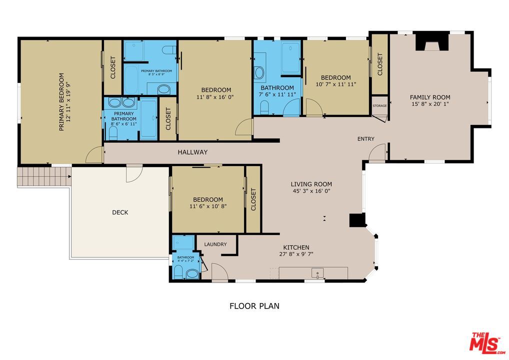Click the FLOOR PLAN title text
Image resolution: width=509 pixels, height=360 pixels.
(254, 306)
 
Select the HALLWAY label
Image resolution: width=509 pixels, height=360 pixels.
(192, 152)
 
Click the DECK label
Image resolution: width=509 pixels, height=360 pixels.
(120, 212)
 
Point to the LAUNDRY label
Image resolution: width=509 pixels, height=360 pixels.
(215, 244)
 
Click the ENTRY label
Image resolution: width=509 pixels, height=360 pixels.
(366, 139)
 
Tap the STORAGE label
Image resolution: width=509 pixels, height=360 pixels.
(379, 105)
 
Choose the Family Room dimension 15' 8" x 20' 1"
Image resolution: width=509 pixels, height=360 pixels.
(430, 104)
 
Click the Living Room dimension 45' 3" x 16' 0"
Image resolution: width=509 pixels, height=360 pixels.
(311, 191)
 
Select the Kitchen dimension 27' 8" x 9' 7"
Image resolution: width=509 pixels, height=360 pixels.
(296, 254)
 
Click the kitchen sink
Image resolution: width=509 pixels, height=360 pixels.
(317, 272)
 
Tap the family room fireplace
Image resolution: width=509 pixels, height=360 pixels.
(432, 41)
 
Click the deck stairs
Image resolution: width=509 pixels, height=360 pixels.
(44, 176)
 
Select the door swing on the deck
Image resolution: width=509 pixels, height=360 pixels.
(134, 173)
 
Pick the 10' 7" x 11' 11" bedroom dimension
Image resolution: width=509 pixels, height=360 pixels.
(336, 84)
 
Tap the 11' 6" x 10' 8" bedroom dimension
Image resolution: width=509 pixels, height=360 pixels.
(208, 206)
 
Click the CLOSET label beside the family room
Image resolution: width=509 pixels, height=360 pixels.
(380, 64)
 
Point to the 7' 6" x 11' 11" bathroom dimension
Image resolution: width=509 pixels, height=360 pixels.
(277, 94)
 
